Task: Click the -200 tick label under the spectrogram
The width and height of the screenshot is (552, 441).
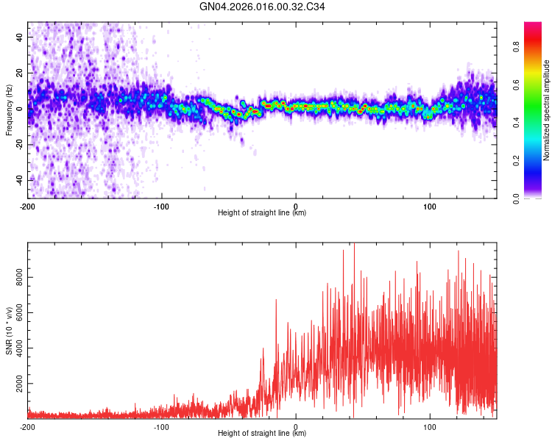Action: point(28,206)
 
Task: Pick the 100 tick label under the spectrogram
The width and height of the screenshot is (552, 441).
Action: point(429,206)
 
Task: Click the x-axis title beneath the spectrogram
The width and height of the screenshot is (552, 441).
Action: point(262,213)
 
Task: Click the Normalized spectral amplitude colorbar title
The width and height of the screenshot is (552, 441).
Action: point(546,110)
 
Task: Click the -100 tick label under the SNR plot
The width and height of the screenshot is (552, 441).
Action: point(162,426)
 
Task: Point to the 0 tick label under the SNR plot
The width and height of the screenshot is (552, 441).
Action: point(296,426)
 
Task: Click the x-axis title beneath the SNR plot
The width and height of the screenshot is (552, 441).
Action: point(262,434)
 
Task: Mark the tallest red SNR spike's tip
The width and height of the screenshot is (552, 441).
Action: point(355,245)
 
